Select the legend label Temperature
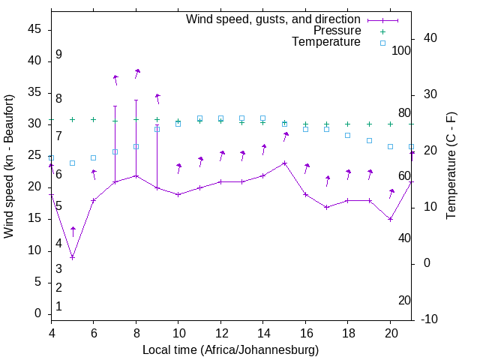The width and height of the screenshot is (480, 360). pos(326,43)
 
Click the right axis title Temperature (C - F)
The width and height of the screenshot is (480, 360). pos(451,166)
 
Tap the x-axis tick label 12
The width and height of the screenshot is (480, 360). pos(220,331)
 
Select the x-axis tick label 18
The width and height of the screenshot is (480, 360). pos(347,331)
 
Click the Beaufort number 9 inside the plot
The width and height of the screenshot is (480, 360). pos(58,55)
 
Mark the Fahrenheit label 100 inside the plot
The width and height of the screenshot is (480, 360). pos(401,51)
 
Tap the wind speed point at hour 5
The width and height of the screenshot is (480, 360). pos(73,257)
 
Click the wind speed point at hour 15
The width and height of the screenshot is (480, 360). pos(284,163)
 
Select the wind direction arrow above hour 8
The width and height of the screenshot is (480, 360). pos(137,73)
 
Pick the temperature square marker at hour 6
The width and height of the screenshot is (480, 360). pos(94,157)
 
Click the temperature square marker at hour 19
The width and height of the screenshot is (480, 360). pos(369,140)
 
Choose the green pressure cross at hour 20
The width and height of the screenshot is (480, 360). pos(390,124)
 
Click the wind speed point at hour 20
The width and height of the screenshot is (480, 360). pos(390,219)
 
